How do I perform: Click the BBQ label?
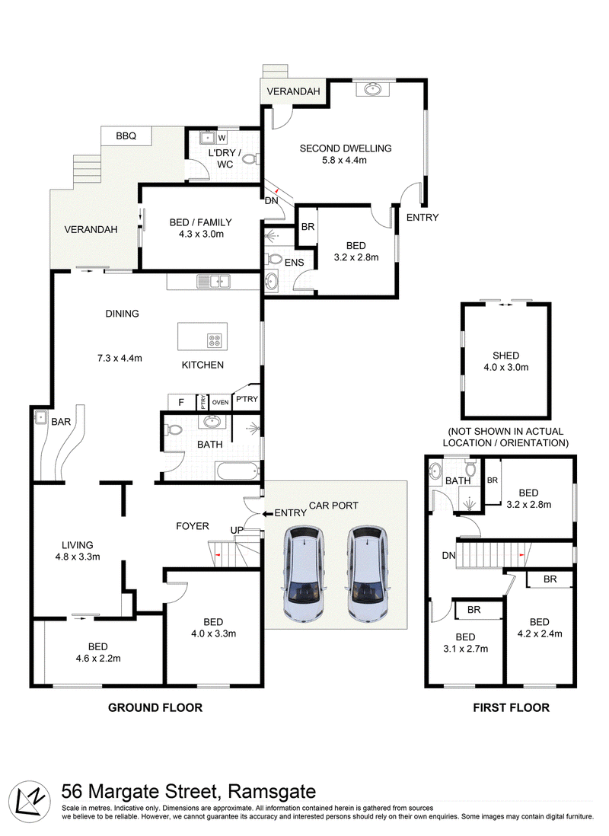(x=126, y=136)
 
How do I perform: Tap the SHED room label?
(x=505, y=356)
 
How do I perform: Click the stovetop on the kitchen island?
(x=215, y=340)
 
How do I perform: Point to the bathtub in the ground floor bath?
(x=238, y=471)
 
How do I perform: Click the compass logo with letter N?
(x=30, y=802)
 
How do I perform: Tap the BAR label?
(x=61, y=422)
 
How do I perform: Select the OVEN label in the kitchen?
(x=220, y=403)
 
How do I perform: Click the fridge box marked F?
(x=181, y=402)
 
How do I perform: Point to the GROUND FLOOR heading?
(x=155, y=707)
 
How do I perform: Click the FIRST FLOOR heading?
(x=511, y=707)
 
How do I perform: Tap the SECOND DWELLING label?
(x=346, y=148)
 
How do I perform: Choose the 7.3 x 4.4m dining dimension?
(x=120, y=359)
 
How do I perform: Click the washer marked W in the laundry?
(x=222, y=138)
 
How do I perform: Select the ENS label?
(x=295, y=263)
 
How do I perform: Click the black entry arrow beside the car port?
(x=267, y=513)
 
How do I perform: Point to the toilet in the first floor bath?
(x=470, y=469)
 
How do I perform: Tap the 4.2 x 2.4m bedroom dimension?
(x=540, y=634)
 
